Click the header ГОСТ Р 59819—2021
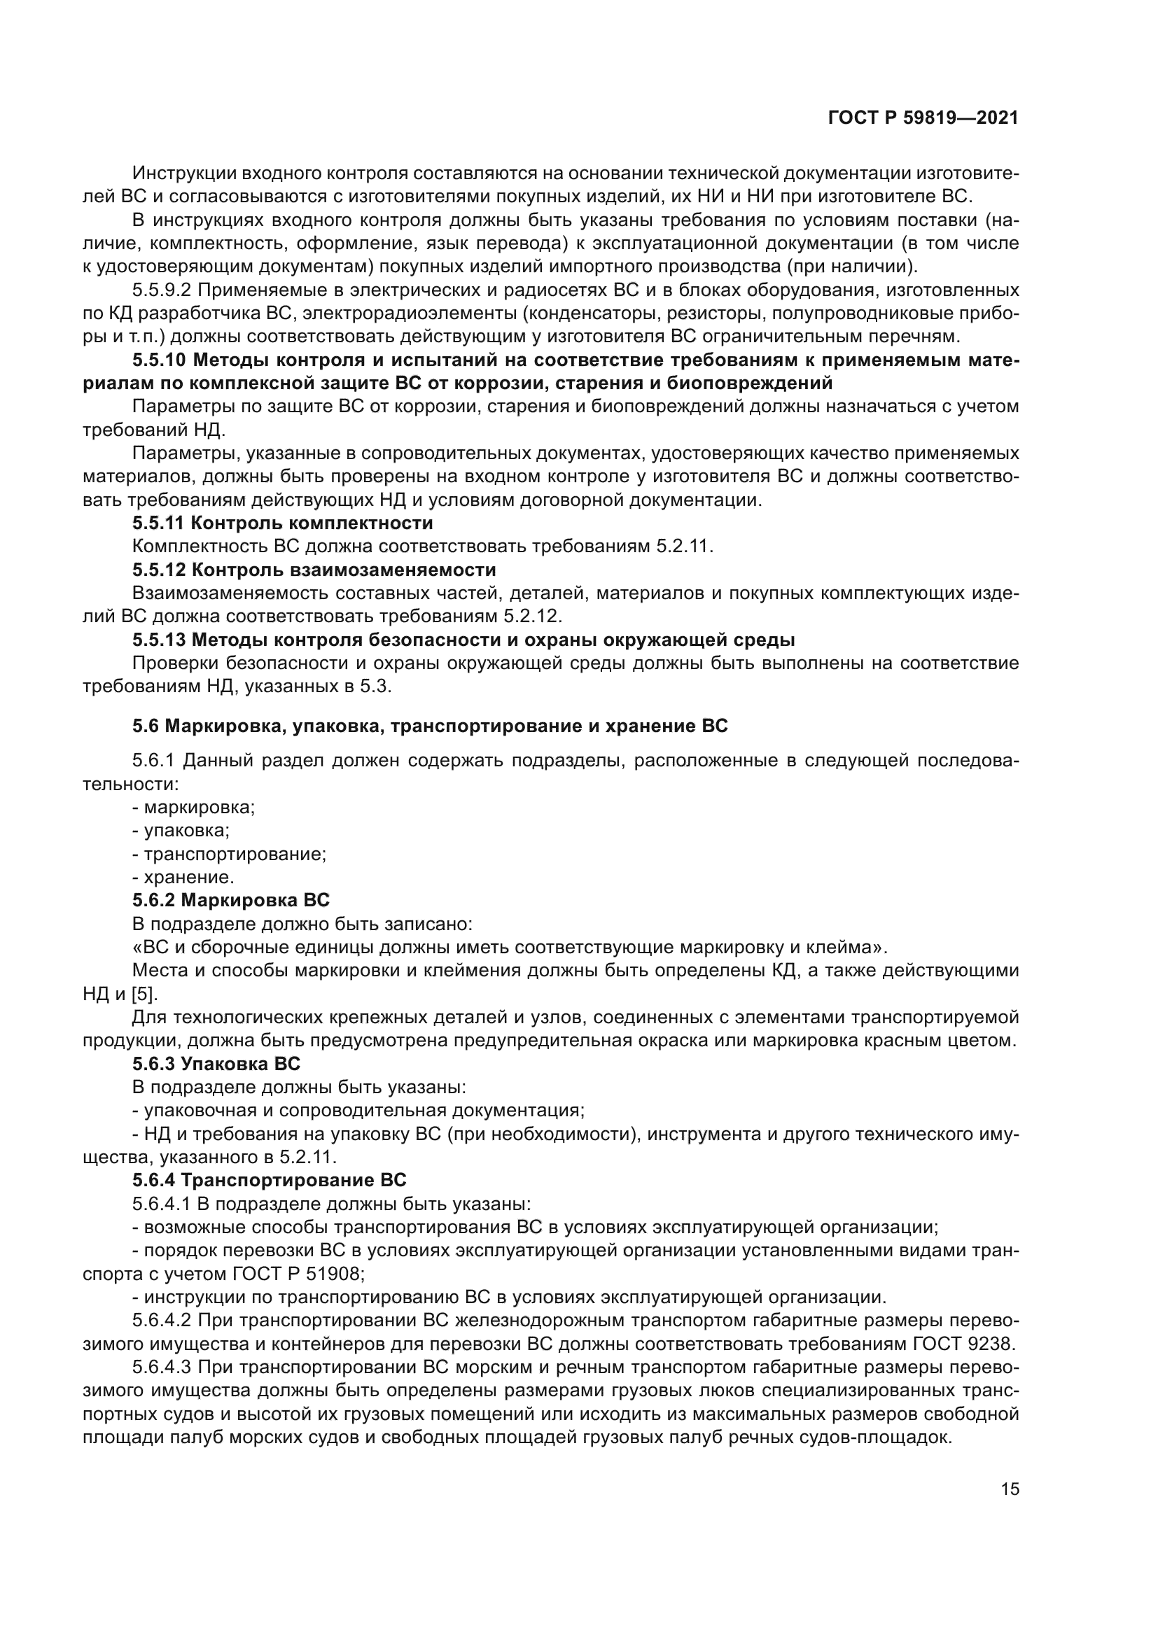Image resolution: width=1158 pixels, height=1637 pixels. (x=923, y=118)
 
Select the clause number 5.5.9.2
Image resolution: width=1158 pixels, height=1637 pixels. (x=161, y=290)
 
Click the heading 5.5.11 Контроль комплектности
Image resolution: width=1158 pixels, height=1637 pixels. (x=282, y=524)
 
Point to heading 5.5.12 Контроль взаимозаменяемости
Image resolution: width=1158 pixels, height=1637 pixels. (x=314, y=570)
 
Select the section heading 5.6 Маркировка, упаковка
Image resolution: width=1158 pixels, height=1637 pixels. (x=430, y=726)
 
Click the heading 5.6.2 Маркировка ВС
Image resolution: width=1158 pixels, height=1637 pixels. (x=231, y=901)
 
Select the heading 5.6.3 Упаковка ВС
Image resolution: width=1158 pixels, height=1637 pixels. (x=216, y=1064)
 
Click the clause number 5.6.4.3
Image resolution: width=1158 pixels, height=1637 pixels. (x=161, y=1368)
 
